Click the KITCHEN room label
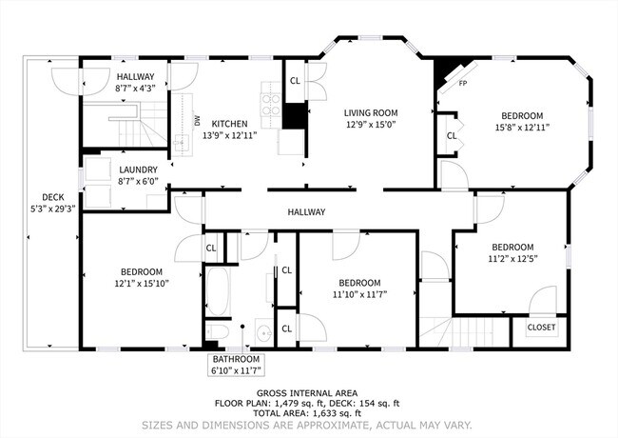click(229, 124)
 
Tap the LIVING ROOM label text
click(369, 112)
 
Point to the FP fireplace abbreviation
click(463, 83)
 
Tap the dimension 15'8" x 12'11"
click(522, 126)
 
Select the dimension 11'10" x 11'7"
click(359, 294)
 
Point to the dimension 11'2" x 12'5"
click(512, 257)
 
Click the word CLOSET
click(540, 327)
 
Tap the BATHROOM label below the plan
click(236, 359)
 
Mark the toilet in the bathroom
click(216, 332)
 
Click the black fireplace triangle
click(442, 72)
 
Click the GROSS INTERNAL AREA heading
click(306, 392)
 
